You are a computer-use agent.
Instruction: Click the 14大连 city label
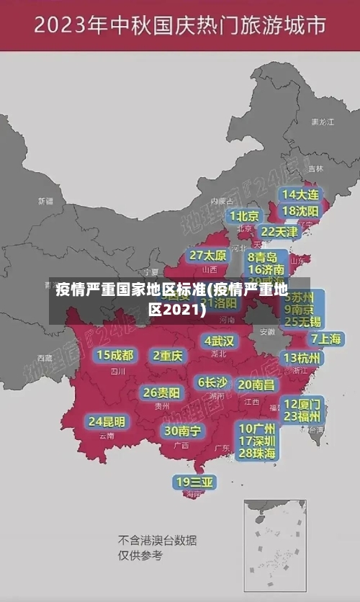point(300,194)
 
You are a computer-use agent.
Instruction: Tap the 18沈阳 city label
point(300,211)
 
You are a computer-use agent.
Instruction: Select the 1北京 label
point(245,216)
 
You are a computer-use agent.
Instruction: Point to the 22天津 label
point(279,232)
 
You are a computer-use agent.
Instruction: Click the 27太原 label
point(208,256)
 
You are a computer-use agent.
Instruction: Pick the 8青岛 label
point(262,257)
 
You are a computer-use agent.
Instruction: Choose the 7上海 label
point(325,338)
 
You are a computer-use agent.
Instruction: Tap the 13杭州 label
point(302,358)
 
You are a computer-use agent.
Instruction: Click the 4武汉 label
point(219,341)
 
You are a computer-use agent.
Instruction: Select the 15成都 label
point(115,355)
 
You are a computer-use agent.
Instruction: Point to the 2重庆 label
point(168,355)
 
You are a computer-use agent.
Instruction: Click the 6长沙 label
point(212,382)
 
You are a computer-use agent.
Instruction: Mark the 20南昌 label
point(256,385)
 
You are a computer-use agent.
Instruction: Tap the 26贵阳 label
point(162,393)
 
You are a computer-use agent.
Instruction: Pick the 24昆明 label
point(107,421)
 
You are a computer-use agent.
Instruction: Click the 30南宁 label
point(183,431)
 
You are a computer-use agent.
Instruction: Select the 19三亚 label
point(194,482)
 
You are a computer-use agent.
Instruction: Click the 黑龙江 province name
point(322,122)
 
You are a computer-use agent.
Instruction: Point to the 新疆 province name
point(46,201)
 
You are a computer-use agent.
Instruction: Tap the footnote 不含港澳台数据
point(157,540)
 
